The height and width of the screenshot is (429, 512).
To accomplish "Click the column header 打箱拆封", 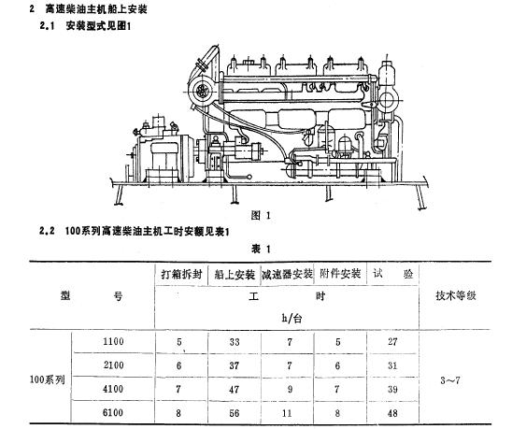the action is click(x=181, y=275).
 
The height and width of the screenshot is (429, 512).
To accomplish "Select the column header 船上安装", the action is click(x=235, y=275).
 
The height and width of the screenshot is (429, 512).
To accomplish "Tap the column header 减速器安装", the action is click(x=287, y=274).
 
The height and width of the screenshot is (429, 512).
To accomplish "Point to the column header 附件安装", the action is click(x=340, y=274).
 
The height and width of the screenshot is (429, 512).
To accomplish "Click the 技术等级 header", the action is click(x=456, y=295).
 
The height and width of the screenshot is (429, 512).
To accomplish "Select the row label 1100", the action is click(x=113, y=341).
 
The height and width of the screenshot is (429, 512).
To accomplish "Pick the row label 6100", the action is click(x=113, y=412).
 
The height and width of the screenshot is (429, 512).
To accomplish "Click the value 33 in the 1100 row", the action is click(x=235, y=342).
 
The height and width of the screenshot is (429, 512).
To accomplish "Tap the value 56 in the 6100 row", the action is click(x=235, y=413).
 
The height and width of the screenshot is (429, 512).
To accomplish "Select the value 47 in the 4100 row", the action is click(x=235, y=389).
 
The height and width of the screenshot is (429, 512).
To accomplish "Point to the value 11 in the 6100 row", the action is click(x=287, y=413).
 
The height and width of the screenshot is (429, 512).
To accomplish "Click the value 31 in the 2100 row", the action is click(x=392, y=365).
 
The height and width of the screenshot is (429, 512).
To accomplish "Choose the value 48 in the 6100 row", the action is click(x=392, y=413).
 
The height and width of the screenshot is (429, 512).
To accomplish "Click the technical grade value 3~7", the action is click(x=450, y=380).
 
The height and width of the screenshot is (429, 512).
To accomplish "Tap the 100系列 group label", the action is click(x=48, y=379).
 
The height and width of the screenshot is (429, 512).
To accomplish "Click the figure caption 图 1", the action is click(x=261, y=215).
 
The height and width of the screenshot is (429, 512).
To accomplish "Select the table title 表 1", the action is click(x=261, y=250).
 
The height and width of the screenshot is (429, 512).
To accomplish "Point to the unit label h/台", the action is click(x=292, y=318).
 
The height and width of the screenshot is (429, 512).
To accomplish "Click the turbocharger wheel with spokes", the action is click(x=202, y=92).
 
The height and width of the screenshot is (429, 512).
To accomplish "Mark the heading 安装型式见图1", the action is click(x=98, y=26).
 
